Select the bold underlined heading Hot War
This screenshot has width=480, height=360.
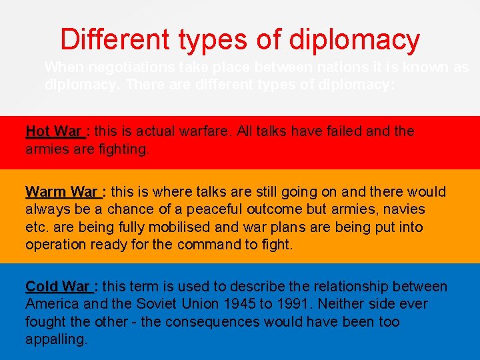[54, 131]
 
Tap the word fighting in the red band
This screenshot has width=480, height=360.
[125, 149]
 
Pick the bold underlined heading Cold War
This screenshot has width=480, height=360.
[57, 287]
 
